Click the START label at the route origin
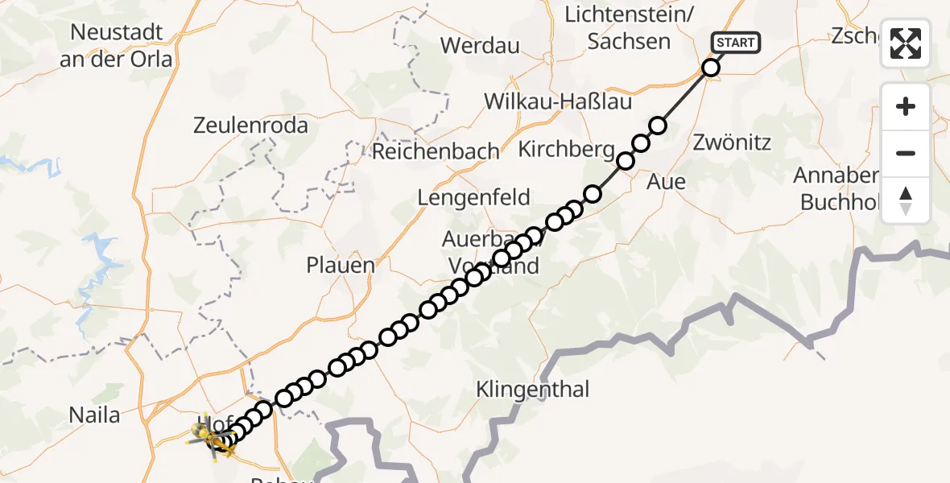(x=735, y=43)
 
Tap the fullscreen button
(x=906, y=43)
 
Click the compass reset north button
(x=906, y=200)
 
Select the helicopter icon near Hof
(x=211, y=439)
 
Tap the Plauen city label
(x=341, y=266)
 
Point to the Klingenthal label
(x=533, y=390)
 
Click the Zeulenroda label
(x=250, y=126)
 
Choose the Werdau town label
(x=481, y=45)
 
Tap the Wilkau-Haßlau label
(x=558, y=102)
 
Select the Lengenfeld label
(x=473, y=197)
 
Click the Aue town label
(x=667, y=182)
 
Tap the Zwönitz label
(x=732, y=143)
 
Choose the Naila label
(x=94, y=415)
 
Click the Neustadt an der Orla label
(x=118, y=46)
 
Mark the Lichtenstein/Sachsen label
(x=629, y=28)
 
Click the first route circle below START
(x=710, y=68)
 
